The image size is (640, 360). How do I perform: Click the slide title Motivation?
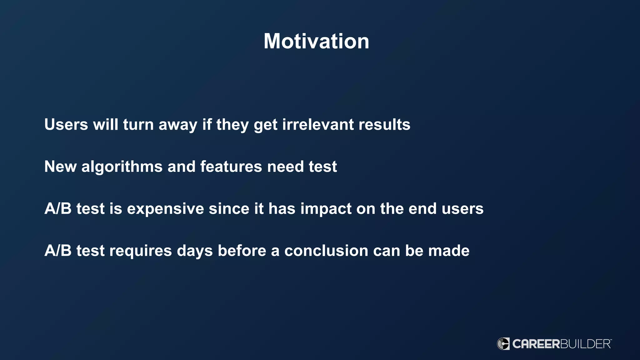(x=316, y=41)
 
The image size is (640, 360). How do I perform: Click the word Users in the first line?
(x=66, y=124)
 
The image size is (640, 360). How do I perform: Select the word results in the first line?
(x=384, y=124)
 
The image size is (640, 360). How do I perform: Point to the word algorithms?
(x=122, y=167)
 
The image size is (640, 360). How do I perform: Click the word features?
(x=231, y=167)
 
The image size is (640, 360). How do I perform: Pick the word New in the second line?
(x=60, y=167)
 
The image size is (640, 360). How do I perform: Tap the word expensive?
(x=165, y=209)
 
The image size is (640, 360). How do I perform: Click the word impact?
(x=326, y=209)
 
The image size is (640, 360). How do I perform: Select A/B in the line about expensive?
(x=58, y=208)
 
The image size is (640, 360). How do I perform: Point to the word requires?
(x=141, y=251)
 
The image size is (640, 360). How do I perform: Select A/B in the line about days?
(x=58, y=251)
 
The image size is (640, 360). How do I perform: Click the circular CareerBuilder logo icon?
(x=503, y=344)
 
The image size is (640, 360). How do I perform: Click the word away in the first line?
(x=178, y=124)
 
